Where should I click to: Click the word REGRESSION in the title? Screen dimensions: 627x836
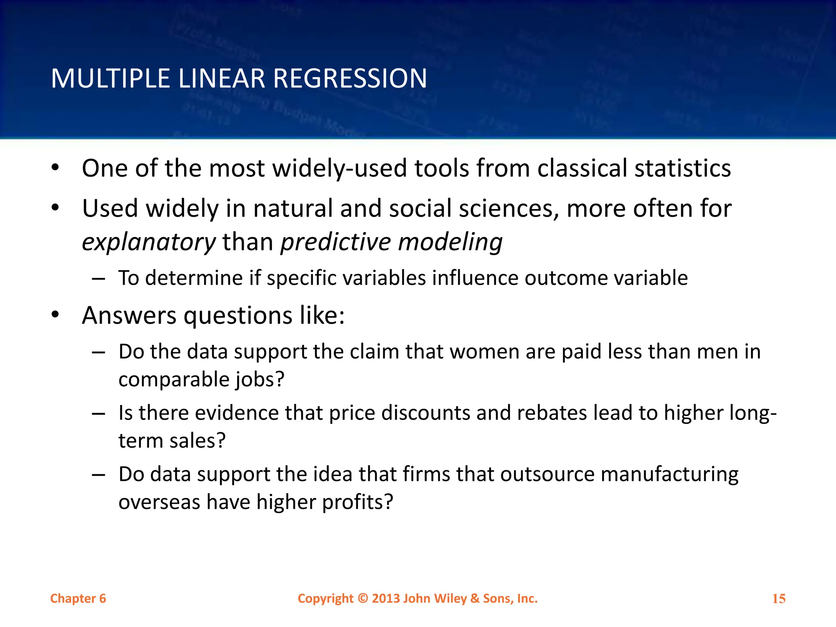350,78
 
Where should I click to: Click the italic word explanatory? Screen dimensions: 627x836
149,242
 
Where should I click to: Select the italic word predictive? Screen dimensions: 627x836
336,242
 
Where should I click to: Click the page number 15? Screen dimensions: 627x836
779,599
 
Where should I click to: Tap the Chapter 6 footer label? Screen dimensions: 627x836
78,598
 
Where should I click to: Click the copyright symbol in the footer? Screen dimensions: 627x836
363,598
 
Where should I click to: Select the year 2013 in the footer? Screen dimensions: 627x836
386,598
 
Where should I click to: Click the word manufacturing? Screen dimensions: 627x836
669,474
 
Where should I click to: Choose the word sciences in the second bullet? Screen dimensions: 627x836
509,209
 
